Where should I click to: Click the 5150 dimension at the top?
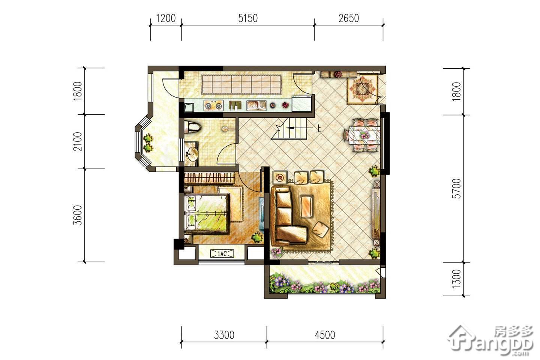click(248, 18)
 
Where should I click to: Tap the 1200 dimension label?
click(166, 18)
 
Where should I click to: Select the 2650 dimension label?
click(349, 18)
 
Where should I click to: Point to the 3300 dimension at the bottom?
click(224, 335)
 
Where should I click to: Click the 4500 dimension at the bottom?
click(325, 335)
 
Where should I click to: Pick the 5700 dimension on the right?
click(457, 189)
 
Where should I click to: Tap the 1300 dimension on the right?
click(457, 279)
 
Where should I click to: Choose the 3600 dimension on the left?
click(78, 215)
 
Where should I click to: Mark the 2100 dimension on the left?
click(78, 141)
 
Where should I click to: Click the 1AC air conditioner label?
click(222, 253)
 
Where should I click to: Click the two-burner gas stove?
click(213, 106)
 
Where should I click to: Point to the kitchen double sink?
click(256, 105)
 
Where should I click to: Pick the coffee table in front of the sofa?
click(306, 207)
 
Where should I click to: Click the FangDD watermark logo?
click(490, 340)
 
